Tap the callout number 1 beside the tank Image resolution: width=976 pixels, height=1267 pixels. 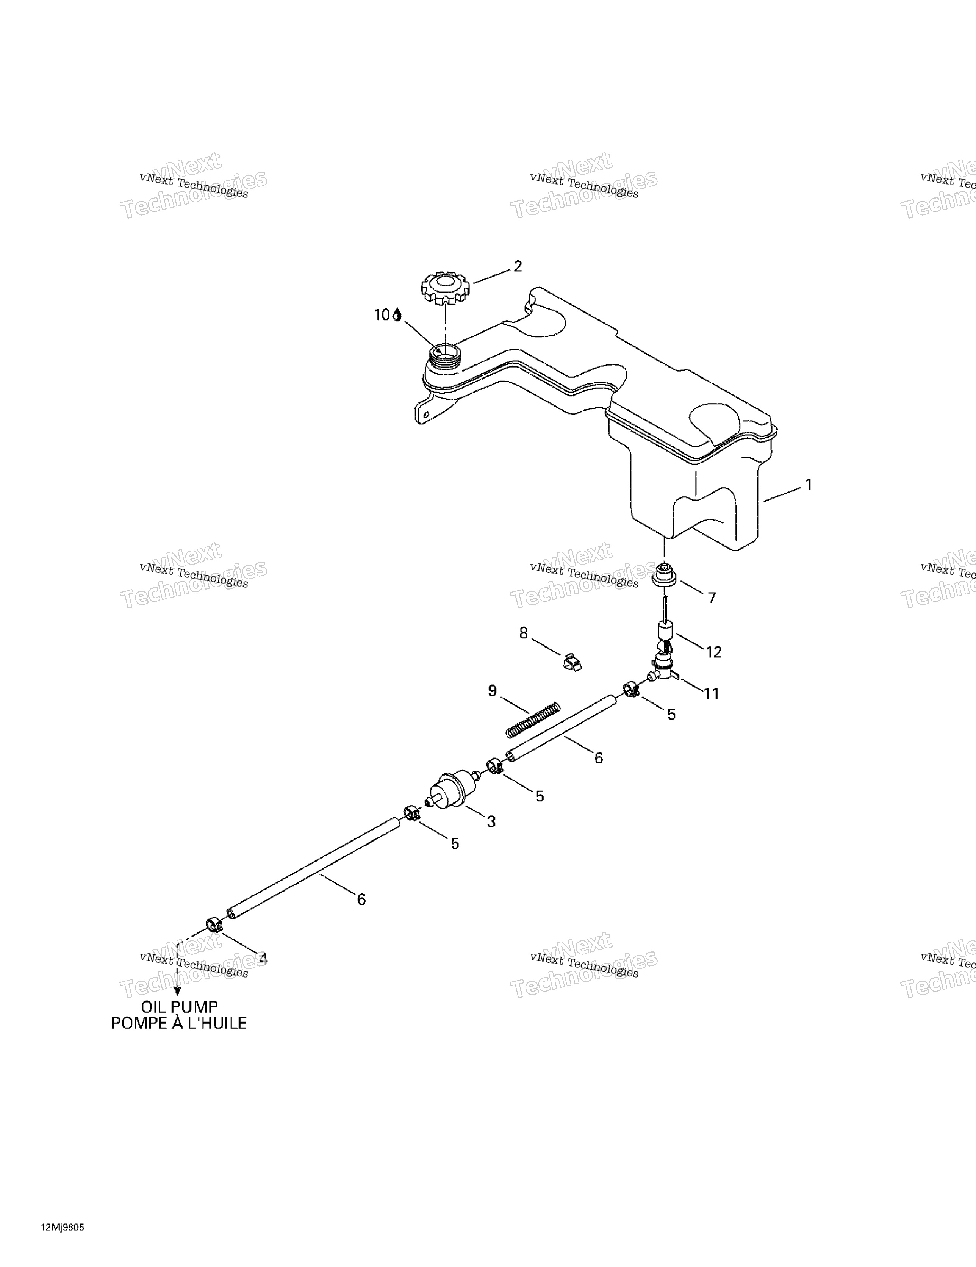pyautogui.click(x=808, y=484)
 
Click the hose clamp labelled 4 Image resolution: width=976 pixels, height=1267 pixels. pyautogui.click(x=214, y=924)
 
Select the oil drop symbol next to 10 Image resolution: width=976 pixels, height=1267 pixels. pyautogui.click(x=397, y=314)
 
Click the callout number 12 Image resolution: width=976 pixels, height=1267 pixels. pyautogui.click(x=714, y=652)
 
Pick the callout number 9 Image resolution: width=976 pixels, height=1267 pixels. pyautogui.click(x=493, y=690)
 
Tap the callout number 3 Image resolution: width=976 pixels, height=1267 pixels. pyautogui.click(x=491, y=821)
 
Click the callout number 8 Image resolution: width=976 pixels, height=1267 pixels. pyautogui.click(x=523, y=633)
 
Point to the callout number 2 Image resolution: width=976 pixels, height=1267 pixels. pyautogui.click(x=518, y=266)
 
